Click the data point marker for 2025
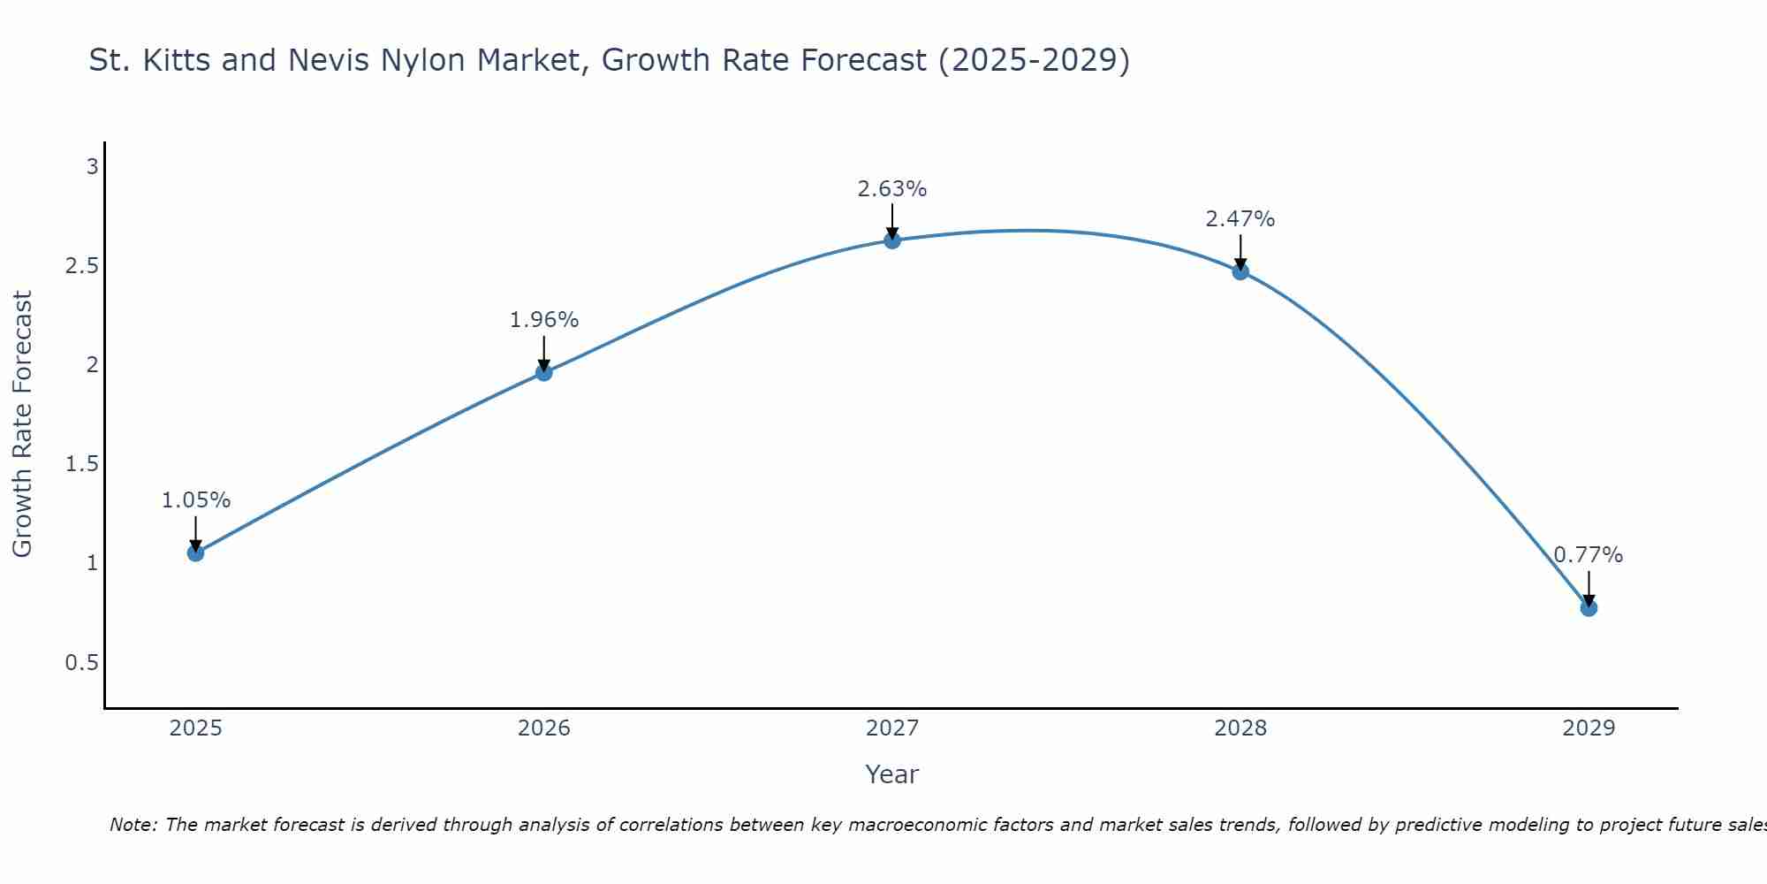click(x=195, y=553)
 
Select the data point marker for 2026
click(x=544, y=373)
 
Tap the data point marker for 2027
click(x=892, y=240)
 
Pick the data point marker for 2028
click(x=1240, y=271)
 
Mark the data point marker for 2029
click(x=1589, y=608)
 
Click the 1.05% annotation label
click(x=195, y=500)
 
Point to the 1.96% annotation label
click(x=544, y=320)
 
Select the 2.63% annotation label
click(x=892, y=189)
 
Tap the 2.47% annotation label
click(x=1240, y=219)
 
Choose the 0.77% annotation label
click(x=1589, y=555)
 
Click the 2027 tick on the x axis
click(x=892, y=728)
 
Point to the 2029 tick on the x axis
click(x=1589, y=728)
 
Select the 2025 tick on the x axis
click(x=195, y=728)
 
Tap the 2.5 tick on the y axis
click(x=82, y=266)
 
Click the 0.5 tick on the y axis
click(x=82, y=663)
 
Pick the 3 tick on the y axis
click(x=92, y=167)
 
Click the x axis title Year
click(x=892, y=774)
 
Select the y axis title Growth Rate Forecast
click(x=22, y=424)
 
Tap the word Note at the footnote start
click(x=133, y=825)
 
